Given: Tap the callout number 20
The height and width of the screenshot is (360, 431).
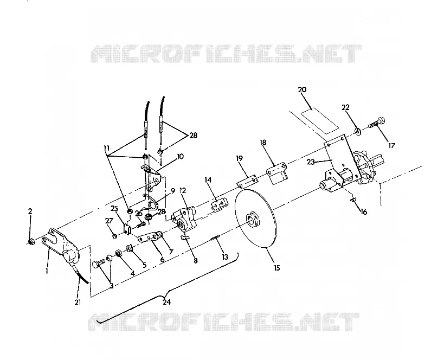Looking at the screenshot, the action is tap(302, 89).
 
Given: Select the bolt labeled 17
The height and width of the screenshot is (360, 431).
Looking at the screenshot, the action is tap(377, 124).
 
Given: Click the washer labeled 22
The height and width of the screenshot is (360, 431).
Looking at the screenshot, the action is tap(358, 131).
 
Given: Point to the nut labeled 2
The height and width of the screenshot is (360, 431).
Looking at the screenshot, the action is tap(31, 242).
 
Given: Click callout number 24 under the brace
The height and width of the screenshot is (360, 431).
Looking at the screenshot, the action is tap(166, 302).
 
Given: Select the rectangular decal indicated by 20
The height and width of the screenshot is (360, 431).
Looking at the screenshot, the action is tap(320, 120).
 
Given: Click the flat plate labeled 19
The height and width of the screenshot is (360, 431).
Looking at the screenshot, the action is tap(247, 181).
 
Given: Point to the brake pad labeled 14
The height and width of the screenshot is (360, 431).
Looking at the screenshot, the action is tap(220, 204).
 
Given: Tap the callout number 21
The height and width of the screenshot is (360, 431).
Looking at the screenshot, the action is tap(78, 302).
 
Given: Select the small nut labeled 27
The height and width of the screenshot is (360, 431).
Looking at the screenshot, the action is tap(115, 236).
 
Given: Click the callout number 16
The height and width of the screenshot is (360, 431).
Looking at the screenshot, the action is tap(363, 212).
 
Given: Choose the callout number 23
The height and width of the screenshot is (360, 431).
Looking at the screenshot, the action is tap(311, 162).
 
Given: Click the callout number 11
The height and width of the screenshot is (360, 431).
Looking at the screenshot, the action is tap(106, 149).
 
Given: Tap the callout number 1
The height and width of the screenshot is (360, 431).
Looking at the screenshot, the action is tap(47, 271).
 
